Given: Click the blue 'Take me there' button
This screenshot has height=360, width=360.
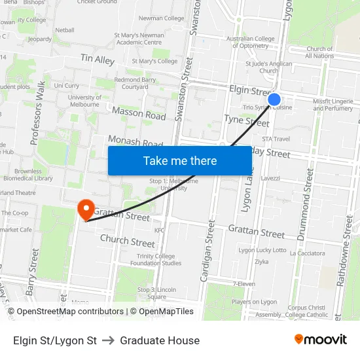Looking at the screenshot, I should (x=180, y=160).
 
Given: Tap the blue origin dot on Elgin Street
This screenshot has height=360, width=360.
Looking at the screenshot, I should (x=274, y=99).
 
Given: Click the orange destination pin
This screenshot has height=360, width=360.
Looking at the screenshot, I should (x=86, y=209).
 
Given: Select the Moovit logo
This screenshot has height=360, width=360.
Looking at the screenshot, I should (x=320, y=339).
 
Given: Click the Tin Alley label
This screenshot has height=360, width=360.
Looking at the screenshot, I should (x=98, y=60).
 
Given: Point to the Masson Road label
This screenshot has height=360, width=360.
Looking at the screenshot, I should (x=139, y=114).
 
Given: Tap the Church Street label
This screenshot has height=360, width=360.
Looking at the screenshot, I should (x=128, y=241).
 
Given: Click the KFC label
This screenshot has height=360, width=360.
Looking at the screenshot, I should (x=159, y=230).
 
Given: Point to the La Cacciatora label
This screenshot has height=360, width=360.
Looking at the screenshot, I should (x=306, y=253).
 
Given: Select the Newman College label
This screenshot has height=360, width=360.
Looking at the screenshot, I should (x=161, y=18).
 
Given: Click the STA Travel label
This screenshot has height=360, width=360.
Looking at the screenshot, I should (x=276, y=139).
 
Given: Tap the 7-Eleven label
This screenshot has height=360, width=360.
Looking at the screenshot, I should (x=244, y=283).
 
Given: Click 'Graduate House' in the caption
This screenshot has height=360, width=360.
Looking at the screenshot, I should (x=160, y=340).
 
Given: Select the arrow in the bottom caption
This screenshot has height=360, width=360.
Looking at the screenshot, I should (x=109, y=340).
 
